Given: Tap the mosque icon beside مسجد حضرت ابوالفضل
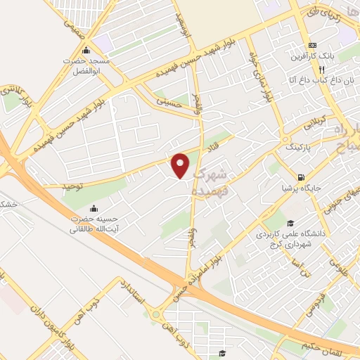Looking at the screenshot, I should click(86, 50).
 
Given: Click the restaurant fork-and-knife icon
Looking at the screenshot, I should click(321, 70).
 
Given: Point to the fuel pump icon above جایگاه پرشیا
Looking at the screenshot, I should click(301, 177).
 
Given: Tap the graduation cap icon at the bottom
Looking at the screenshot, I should click(221, 353).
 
